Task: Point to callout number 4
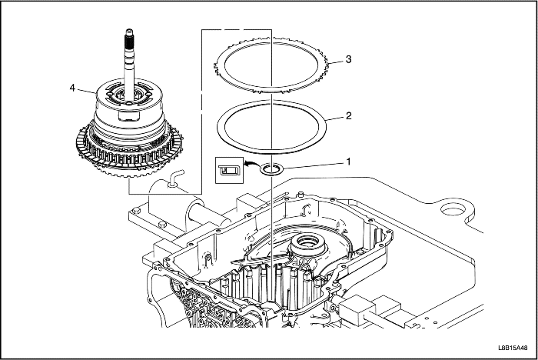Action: (73, 88)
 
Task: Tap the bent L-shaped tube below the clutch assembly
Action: (175, 179)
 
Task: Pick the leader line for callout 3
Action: (335, 61)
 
